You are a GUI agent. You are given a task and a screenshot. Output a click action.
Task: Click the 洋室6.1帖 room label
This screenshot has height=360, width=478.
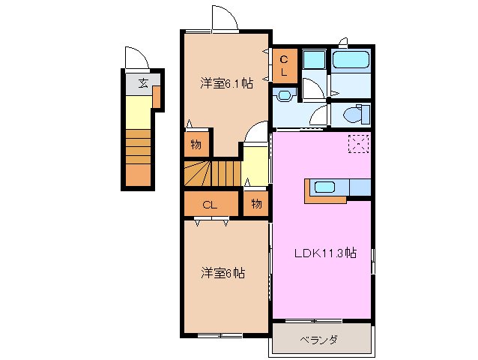pyautogui.click(x=226, y=83)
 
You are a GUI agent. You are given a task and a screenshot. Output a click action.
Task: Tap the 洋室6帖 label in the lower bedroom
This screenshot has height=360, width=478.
pyautogui.click(x=223, y=272)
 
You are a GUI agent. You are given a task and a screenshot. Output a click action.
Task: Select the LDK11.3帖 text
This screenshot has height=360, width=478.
pyautogui.click(x=324, y=253)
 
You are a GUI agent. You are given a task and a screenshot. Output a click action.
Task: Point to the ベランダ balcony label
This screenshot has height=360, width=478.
pyautogui.click(x=321, y=339)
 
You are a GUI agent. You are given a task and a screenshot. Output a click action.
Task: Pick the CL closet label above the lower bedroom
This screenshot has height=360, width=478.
pyautogui.click(x=211, y=204)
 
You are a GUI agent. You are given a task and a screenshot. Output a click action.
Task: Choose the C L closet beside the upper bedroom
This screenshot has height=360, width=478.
pyautogui.click(x=285, y=65)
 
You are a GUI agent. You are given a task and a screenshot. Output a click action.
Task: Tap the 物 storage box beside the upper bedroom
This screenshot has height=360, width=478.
pyautogui.click(x=196, y=145)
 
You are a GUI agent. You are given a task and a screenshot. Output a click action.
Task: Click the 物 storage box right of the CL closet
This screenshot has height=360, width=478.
pyautogui.click(x=255, y=203)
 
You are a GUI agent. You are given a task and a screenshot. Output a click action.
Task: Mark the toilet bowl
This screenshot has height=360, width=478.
pyautogui.click(x=354, y=115)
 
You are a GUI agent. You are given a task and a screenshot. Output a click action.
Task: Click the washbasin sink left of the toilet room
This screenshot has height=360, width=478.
pyautogui.click(x=283, y=95)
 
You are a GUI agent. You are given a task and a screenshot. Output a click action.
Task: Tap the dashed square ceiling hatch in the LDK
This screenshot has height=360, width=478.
pyautogui.click(x=358, y=142)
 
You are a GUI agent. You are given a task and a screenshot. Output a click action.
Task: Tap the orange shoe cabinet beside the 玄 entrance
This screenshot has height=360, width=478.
pyautogui.click(x=157, y=97)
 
